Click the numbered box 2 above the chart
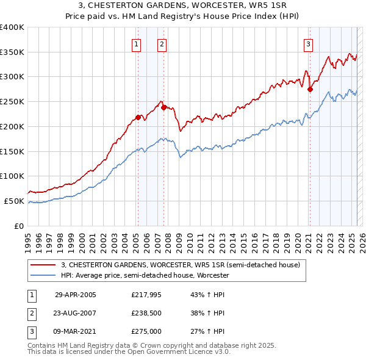[x=162, y=43]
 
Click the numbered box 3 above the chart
[x=309, y=43]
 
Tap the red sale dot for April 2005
[x=138, y=117]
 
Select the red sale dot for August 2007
[x=163, y=107]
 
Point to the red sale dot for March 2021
[x=310, y=89]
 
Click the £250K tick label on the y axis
[x=12, y=101]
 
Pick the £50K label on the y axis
[x=14, y=201]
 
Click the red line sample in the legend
[x=43, y=265]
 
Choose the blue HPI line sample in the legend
[x=43, y=276]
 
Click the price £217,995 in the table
[x=146, y=295]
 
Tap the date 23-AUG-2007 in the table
[x=76, y=313]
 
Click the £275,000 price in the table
[x=146, y=331]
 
